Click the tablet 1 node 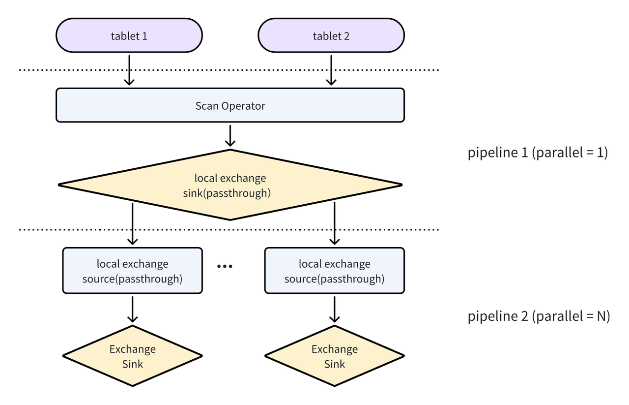click(129, 35)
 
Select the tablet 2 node click(331, 35)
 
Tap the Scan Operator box click(230, 105)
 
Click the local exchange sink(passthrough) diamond click(230, 185)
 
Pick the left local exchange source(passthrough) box click(132, 271)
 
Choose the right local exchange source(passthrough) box click(334, 271)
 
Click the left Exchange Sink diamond click(132, 356)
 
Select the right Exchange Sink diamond click(334, 356)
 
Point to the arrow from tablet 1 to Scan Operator click(129, 69)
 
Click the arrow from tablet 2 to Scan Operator click(331, 69)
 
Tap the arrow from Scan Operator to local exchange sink click(230, 135)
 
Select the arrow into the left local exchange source click(132, 224)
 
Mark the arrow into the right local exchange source click(334, 224)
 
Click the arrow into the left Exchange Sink click(132, 309)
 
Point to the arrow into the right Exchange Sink click(334, 309)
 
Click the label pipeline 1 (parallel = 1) click(538, 153)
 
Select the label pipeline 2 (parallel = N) click(539, 316)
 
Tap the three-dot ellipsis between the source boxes click(225, 266)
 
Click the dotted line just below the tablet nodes click(74, 70)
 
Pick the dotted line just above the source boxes click(74, 229)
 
